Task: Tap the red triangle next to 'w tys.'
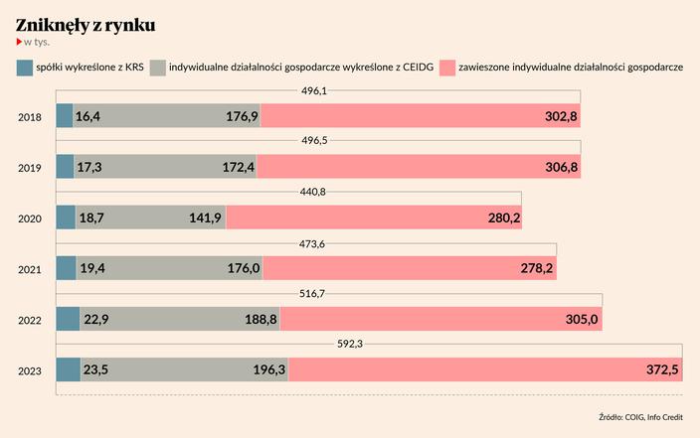tap(19, 43)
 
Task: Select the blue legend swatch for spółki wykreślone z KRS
tap(24, 69)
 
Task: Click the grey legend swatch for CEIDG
tap(158, 69)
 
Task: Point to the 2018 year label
tap(30, 117)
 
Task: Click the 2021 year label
tap(30, 269)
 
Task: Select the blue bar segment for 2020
tap(66, 218)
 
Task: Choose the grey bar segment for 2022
tap(179, 319)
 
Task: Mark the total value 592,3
tap(353, 345)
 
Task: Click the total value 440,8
tap(312, 192)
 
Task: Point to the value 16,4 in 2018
tap(87, 117)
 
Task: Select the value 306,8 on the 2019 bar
tap(560, 168)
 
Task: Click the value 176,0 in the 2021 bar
tap(243, 269)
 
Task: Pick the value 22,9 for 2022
tap(96, 320)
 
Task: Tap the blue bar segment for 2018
tap(65, 116)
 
